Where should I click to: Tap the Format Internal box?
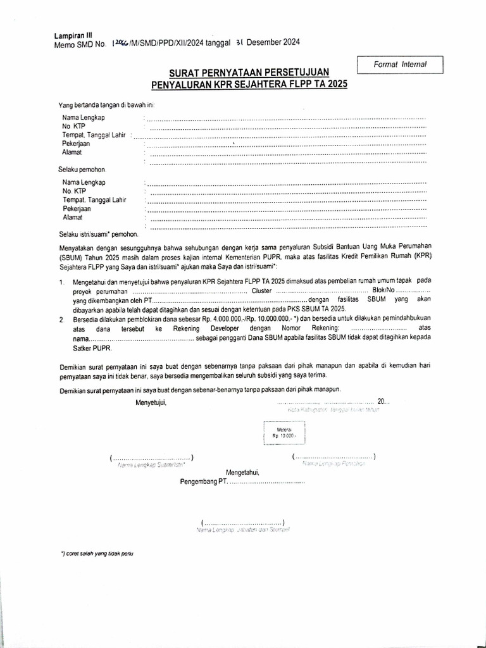click(x=400, y=64)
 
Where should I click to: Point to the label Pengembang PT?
click(x=203, y=482)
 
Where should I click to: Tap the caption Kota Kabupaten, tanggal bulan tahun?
click(x=333, y=410)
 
